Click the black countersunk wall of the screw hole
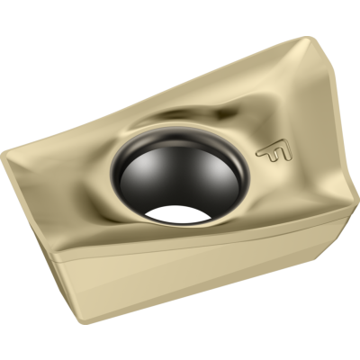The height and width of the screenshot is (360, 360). coord(180,177)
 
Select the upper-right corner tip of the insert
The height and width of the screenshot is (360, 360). coord(308,38)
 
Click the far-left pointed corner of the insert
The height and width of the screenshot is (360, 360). coord(2,157)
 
